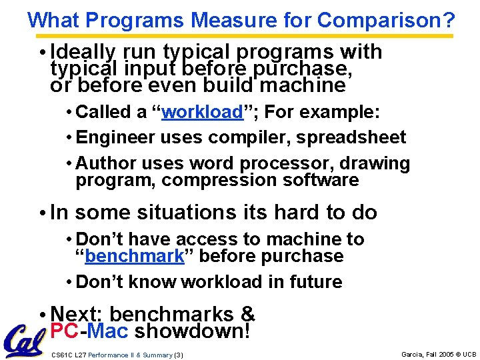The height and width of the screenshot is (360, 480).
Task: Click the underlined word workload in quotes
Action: (x=203, y=112)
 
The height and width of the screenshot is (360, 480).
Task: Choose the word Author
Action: (x=101, y=163)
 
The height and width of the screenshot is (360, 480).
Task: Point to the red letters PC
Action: (x=65, y=331)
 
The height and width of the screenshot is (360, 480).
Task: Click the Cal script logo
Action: (x=25, y=341)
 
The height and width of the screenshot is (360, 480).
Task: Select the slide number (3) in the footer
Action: (x=178, y=355)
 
